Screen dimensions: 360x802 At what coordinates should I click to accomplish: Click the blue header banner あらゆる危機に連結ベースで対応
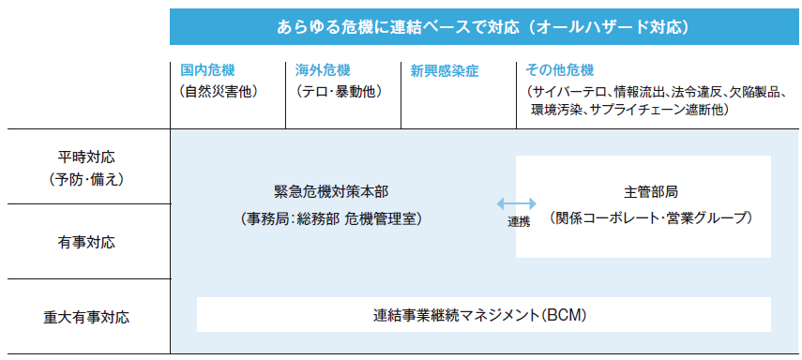pyautogui.click(x=484, y=27)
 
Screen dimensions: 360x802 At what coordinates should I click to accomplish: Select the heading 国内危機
pyautogui.click(x=209, y=70)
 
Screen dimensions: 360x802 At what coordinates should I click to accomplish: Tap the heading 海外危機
pyautogui.click(x=323, y=70)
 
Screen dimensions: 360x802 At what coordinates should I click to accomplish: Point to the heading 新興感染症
pyautogui.click(x=445, y=70)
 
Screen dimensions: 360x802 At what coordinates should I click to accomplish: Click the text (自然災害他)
pyautogui.click(x=218, y=91)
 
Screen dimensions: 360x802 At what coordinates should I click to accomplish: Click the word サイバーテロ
pyautogui.click(x=569, y=91)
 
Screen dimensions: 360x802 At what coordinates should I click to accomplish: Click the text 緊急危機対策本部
pyautogui.click(x=331, y=191)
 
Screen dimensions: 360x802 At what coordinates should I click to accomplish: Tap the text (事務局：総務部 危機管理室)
pyautogui.click(x=331, y=218)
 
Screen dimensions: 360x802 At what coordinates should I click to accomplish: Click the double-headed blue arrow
pyautogui.click(x=517, y=202)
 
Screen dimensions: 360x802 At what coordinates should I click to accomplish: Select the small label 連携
pyautogui.click(x=519, y=222)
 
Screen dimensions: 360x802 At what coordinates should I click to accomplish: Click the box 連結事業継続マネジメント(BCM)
pyautogui.click(x=484, y=315)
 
